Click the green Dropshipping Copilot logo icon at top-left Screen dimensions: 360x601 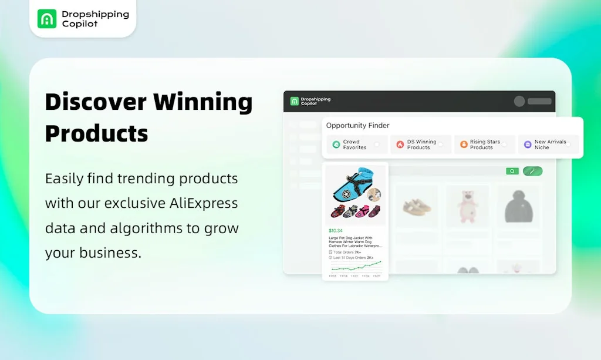[47, 18]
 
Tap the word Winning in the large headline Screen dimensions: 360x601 [203, 102]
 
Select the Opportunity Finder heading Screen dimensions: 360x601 [357, 125]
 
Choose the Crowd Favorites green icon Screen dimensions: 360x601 [336, 144]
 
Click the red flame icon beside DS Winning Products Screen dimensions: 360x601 [400, 144]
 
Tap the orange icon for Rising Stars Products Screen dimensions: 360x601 [464, 144]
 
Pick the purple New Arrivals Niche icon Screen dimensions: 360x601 [528, 144]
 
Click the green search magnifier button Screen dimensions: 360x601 [512, 171]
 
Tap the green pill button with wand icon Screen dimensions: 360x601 [532, 171]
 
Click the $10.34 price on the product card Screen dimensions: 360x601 [336, 231]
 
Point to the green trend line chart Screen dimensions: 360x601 [355, 266]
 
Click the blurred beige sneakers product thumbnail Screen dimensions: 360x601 [416, 205]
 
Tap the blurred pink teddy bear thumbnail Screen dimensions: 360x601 [468, 206]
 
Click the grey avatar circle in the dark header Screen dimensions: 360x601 [519, 101]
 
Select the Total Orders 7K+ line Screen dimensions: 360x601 [347, 251]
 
